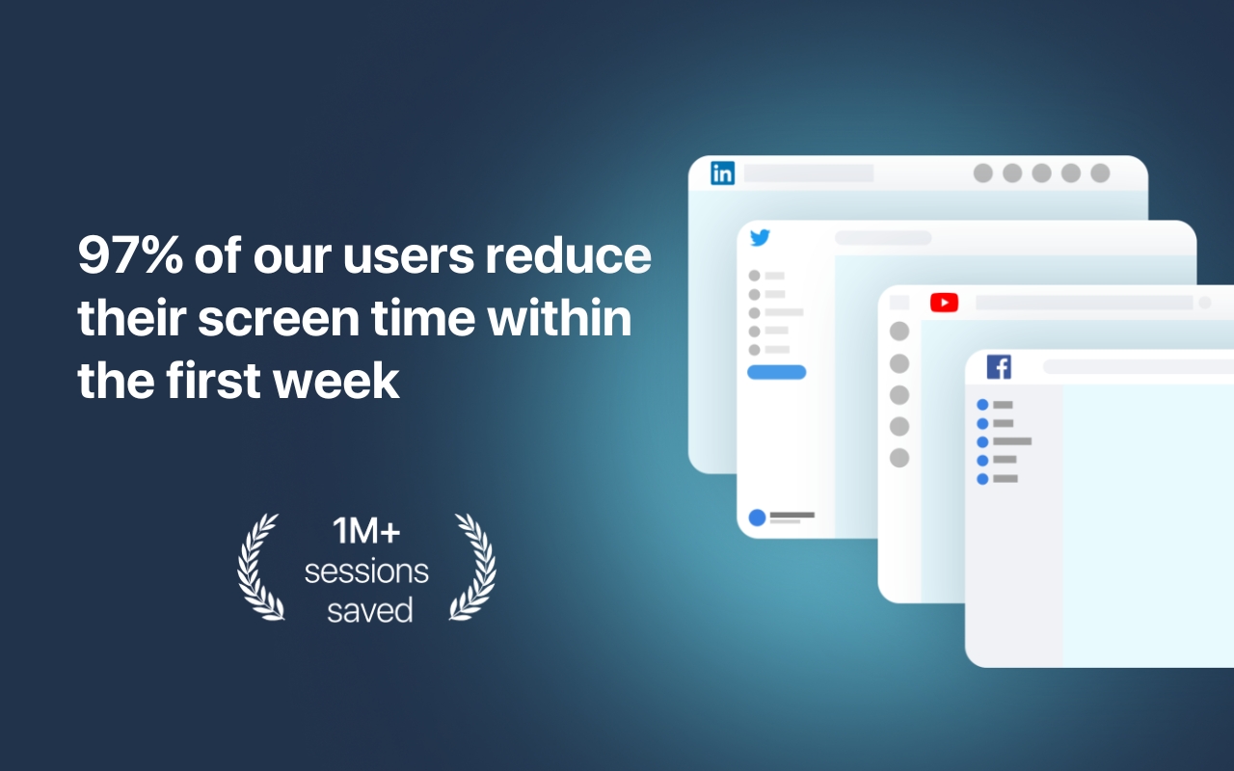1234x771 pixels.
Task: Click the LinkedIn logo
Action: click(x=722, y=173)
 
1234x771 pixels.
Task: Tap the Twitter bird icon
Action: click(x=761, y=237)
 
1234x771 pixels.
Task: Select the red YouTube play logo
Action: click(x=944, y=303)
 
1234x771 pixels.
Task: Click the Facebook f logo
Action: click(x=999, y=367)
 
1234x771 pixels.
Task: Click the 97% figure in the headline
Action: click(x=130, y=255)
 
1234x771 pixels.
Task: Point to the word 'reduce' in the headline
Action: click(x=568, y=255)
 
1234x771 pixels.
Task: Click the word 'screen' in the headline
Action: click(x=279, y=319)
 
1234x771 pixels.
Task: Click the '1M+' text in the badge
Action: click(x=366, y=531)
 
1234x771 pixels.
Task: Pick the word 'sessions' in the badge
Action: click(x=366, y=572)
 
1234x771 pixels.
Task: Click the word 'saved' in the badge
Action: click(x=369, y=610)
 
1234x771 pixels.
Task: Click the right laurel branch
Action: click(x=473, y=568)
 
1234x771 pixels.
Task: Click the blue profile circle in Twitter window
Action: click(x=758, y=518)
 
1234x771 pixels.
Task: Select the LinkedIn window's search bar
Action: click(x=809, y=173)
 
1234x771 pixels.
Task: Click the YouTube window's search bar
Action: click(x=1085, y=303)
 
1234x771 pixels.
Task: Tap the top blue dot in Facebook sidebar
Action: click(x=982, y=405)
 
